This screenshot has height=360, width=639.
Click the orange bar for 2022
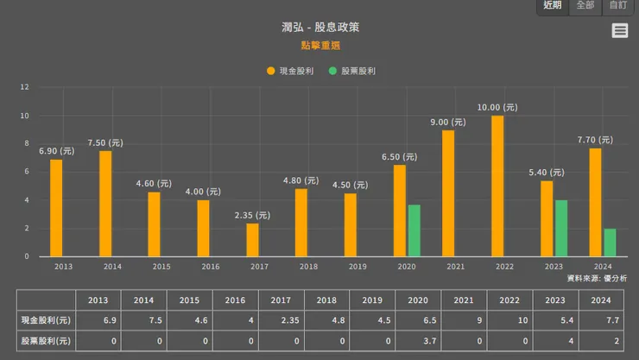497,186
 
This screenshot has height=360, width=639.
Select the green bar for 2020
414,231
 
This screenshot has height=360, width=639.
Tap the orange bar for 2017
252,240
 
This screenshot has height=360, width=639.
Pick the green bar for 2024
610,243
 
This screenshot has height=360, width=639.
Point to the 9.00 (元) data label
448,123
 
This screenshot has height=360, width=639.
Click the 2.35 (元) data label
252,215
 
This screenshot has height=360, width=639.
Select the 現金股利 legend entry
290,71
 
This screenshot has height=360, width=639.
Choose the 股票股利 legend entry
352,71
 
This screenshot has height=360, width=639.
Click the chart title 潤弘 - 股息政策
319,28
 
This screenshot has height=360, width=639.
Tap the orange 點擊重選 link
319,45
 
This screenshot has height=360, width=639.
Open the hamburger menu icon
620,31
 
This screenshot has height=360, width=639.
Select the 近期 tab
552,5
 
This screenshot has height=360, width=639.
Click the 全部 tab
585,5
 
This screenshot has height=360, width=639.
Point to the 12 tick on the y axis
25,87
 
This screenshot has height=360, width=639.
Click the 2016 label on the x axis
211,267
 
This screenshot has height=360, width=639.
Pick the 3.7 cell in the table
419,340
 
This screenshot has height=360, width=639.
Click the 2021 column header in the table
464,300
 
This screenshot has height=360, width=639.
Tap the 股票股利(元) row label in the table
46,340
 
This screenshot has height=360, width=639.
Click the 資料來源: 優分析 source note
597,278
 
